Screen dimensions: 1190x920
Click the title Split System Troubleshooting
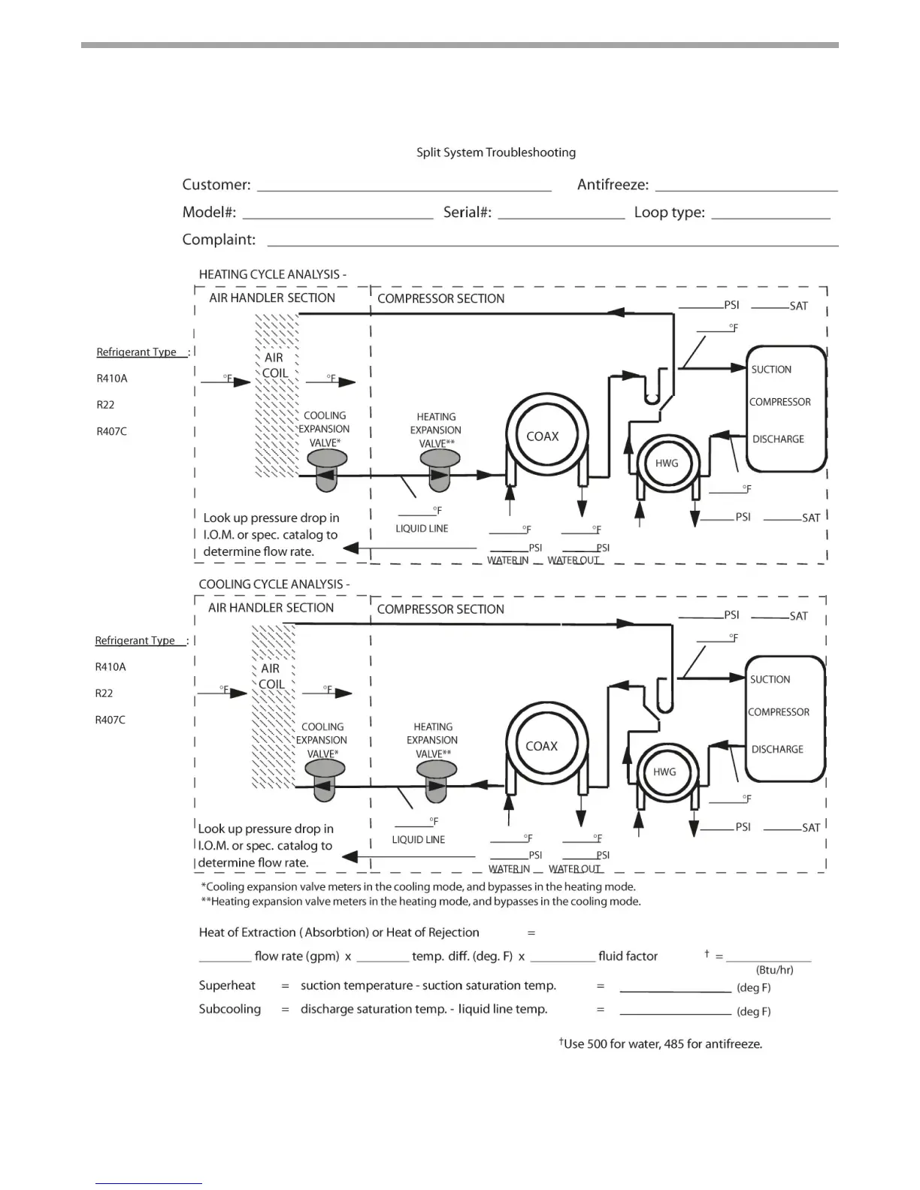tap(496, 153)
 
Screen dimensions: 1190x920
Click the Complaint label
tap(219, 240)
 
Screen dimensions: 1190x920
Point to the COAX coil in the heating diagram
tap(543, 436)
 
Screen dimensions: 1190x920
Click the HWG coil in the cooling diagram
tap(664, 772)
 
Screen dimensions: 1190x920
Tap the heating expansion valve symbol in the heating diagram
tap(440, 470)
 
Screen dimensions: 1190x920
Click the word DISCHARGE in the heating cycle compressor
tap(778, 439)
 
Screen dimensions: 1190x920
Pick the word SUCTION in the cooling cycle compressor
tap(770, 680)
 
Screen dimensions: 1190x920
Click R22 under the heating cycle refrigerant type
tap(105, 405)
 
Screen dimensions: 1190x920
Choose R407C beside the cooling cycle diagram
tap(110, 720)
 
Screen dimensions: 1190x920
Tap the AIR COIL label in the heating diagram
tap(274, 366)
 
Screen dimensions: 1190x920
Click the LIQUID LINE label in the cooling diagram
tap(418, 840)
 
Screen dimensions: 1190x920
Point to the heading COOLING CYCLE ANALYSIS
tap(274, 584)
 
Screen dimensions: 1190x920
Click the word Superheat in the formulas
tap(227, 986)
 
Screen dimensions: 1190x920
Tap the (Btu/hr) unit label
tap(774, 970)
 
